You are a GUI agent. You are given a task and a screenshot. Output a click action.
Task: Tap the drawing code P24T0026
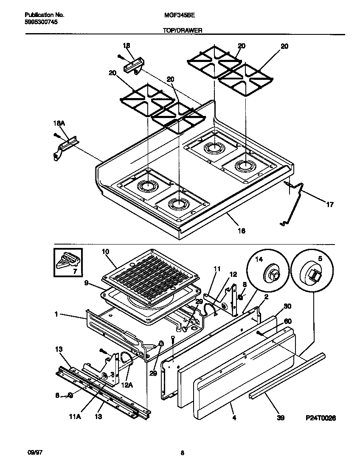point(321,418)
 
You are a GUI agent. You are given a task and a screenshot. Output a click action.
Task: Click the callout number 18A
point(59,123)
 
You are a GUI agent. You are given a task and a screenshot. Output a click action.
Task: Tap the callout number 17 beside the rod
point(329,205)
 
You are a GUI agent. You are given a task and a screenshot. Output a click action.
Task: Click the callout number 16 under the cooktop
point(241,231)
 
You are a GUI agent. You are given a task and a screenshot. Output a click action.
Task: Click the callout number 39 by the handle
point(280,418)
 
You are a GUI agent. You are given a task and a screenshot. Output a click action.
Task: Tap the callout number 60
point(287,322)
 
